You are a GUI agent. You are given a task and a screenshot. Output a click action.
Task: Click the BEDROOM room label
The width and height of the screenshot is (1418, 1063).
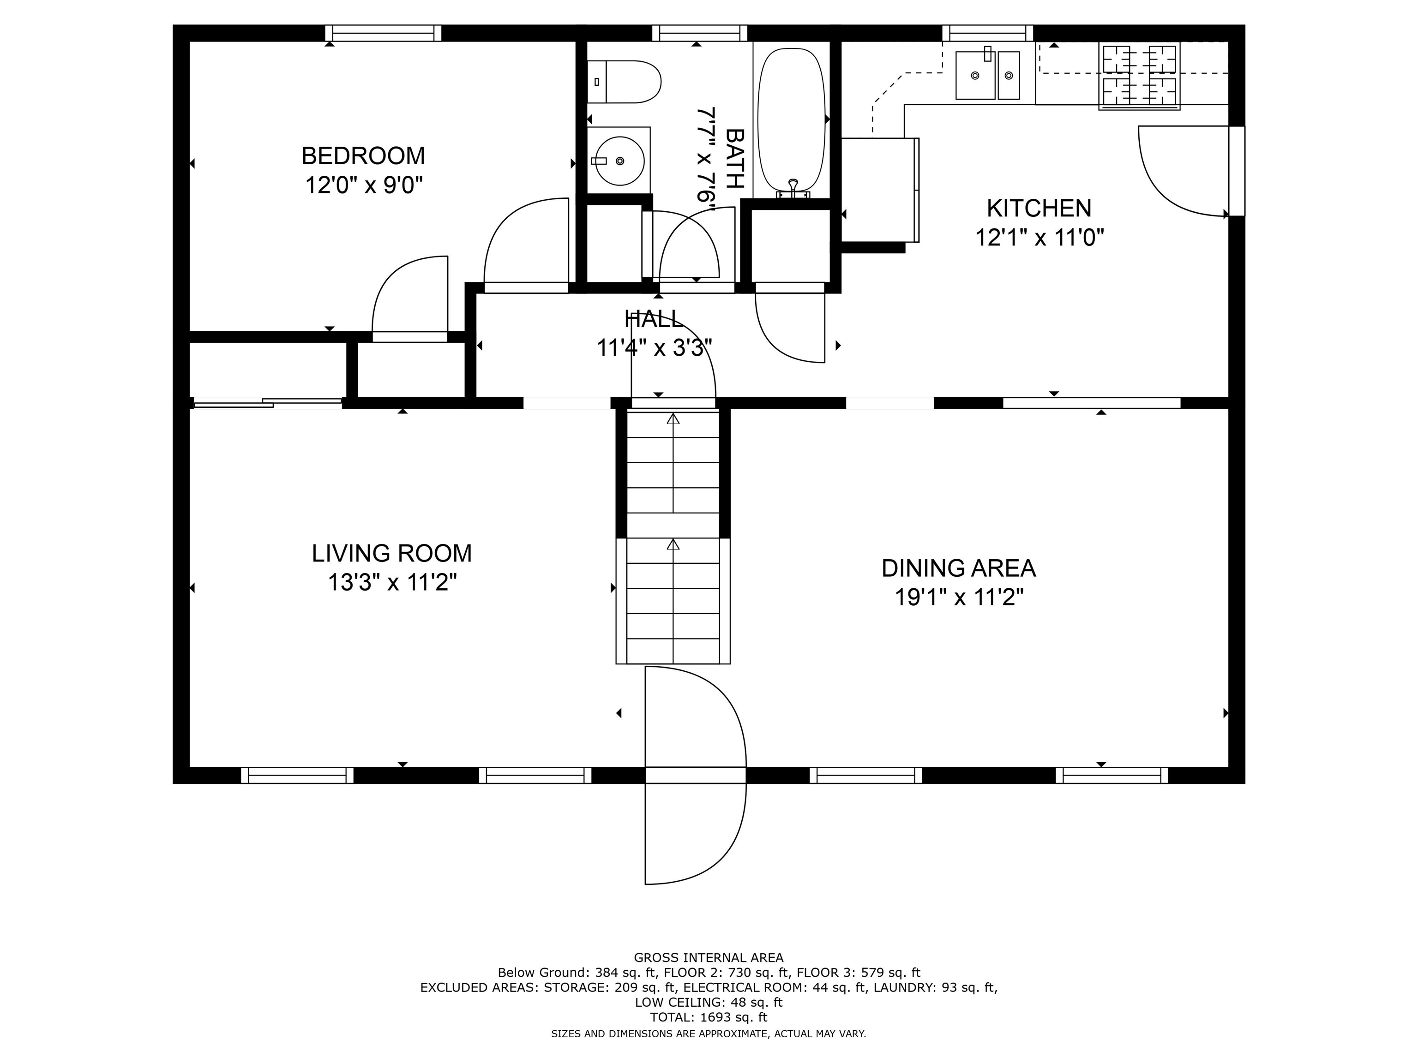point(363,155)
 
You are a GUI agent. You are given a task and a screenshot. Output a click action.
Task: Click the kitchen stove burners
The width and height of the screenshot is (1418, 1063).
point(1139,76)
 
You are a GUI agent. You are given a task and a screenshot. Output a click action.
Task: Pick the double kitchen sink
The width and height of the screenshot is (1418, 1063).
point(987,75)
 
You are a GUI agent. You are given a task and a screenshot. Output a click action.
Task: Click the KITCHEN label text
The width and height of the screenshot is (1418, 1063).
point(1039,208)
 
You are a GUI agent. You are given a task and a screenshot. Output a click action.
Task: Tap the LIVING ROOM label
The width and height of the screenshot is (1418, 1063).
point(392,553)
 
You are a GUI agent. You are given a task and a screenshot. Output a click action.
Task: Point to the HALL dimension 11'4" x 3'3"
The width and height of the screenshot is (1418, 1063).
point(654,348)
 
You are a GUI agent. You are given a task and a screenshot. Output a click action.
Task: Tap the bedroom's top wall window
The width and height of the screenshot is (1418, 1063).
point(383,33)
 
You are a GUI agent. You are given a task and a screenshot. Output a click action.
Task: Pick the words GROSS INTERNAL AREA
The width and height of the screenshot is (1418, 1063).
point(709,958)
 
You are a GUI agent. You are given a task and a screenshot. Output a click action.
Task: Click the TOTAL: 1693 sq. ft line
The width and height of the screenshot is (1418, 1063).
point(709,1017)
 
